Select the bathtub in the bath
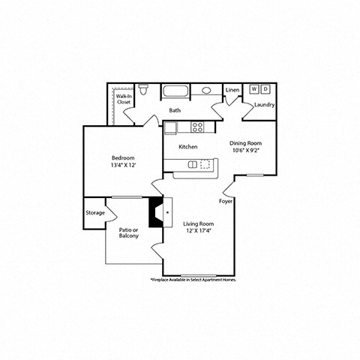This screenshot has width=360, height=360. coord(178,91)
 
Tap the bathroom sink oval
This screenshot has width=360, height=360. coord(206,91)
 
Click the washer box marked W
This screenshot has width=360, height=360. coord(254,89)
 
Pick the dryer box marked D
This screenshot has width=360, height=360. coord(265,89)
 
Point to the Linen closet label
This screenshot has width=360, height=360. coord(232,89)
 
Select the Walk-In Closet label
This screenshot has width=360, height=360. coord(123,98)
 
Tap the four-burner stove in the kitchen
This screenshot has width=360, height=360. coord(198,127)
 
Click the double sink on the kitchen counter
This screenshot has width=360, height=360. coord(199,164)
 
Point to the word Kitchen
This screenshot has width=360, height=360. coord(187,147)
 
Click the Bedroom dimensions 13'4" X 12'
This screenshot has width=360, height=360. coord(123,164)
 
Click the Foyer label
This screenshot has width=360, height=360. coord(225,202)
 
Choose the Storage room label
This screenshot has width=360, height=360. coord(95,212)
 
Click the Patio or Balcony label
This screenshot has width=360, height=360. coord(129,232)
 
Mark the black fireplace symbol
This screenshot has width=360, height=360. coord(156,212)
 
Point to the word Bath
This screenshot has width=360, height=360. coord(175,110)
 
